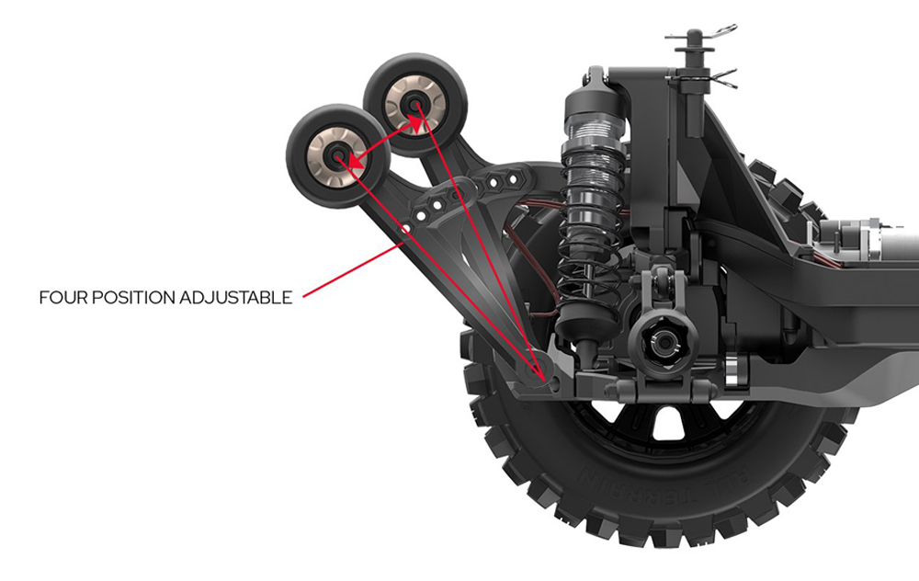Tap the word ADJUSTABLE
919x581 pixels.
tap(236, 298)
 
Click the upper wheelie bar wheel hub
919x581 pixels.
tap(415, 106)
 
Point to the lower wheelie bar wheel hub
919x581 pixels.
tap(338, 155)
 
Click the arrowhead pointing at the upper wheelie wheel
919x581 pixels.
tap(414, 123)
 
